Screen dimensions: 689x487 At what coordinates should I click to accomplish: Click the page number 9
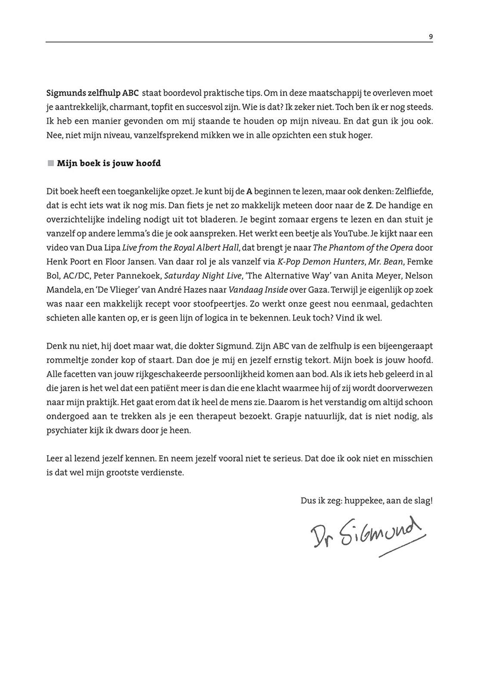[431, 37]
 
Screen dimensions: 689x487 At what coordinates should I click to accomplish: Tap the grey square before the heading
[51, 163]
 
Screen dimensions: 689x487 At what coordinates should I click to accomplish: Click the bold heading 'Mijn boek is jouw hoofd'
[109, 163]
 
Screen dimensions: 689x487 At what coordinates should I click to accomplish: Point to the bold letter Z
[369, 205]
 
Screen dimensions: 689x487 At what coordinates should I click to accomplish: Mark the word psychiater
[66, 430]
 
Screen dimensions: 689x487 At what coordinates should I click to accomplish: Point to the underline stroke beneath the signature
[402, 546]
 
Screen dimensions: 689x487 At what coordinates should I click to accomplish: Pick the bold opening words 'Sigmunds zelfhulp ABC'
[92, 93]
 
